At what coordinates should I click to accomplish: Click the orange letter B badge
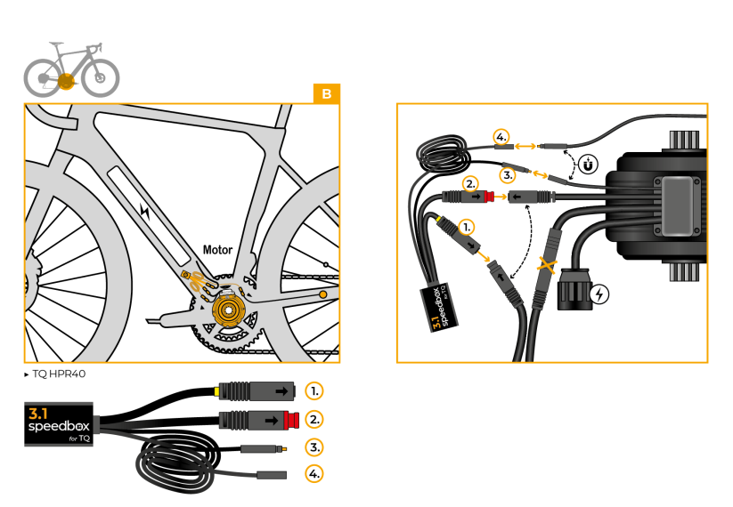click(327, 93)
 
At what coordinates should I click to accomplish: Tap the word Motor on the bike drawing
click(218, 250)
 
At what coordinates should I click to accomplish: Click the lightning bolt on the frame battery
click(146, 212)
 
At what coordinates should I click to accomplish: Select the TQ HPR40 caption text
click(58, 374)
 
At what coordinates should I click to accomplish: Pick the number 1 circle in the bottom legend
click(314, 390)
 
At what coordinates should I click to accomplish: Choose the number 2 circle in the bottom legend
click(314, 418)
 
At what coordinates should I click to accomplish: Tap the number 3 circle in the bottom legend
click(314, 447)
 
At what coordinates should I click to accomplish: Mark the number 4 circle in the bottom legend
click(314, 474)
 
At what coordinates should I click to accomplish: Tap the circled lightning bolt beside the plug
click(600, 294)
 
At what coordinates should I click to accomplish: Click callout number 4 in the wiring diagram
click(501, 138)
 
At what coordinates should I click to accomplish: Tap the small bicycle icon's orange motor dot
click(65, 81)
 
